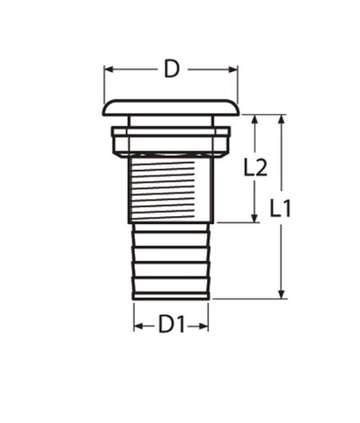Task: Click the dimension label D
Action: (171, 68)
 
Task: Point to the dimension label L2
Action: (256, 167)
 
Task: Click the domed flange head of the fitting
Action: (171, 107)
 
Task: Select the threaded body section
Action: (171, 189)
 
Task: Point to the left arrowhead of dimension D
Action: (107, 68)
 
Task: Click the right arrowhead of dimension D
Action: (235, 68)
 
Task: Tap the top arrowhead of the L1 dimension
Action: (283, 119)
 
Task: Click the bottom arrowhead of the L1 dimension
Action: (283, 294)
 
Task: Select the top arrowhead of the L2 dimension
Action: (256, 119)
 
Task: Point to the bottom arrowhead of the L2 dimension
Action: (256, 218)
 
